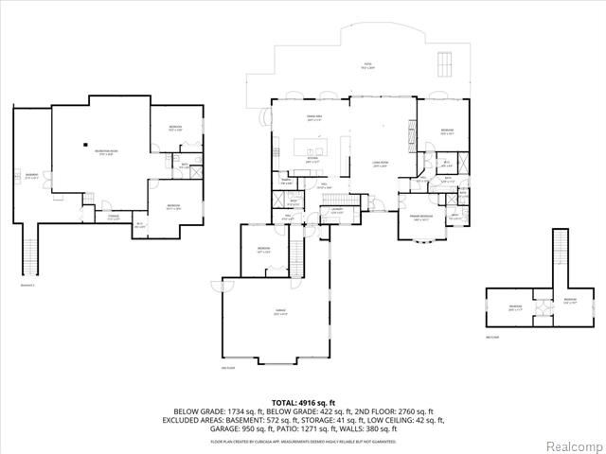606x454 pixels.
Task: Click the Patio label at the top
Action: (367, 67)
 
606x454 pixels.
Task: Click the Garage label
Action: (280, 313)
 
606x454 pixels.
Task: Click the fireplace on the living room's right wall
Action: (410, 133)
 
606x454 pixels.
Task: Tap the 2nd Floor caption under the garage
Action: (226, 368)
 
